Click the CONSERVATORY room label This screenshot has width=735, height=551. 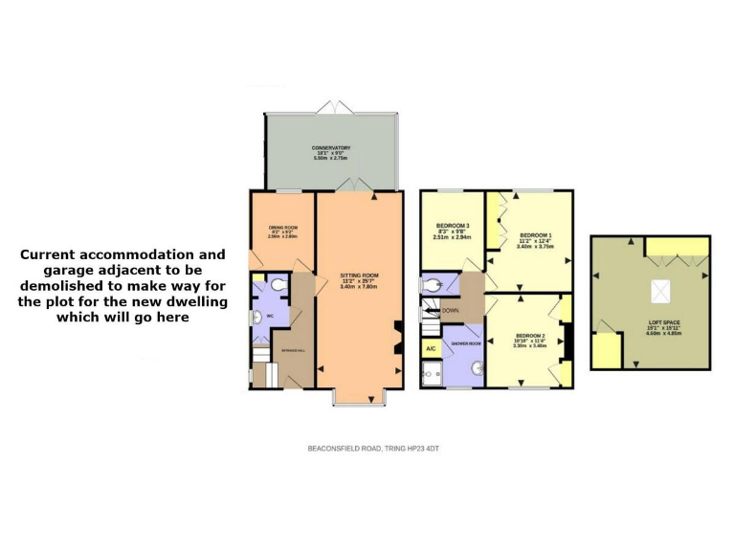click(x=331, y=147)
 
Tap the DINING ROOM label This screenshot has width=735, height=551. click(x=283, y=227)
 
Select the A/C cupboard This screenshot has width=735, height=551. click(x=431, y=348)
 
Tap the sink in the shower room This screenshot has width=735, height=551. click(x=476, y=374)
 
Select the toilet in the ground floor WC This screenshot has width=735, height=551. click(x=278, y=284)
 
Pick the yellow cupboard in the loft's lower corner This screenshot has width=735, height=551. click(x=605, y=351)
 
